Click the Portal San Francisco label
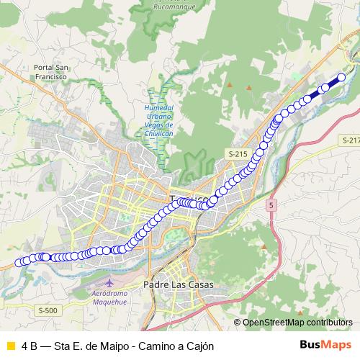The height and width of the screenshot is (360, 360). tap(50, 71)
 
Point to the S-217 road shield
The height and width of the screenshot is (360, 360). tap(351, 140)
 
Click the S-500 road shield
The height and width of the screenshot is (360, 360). tap(47, 310)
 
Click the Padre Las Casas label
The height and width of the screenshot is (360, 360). tap(179, 285)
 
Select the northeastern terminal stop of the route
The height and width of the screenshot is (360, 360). tap(341, 77)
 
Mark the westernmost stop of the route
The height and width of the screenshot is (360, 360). tap(20, 263)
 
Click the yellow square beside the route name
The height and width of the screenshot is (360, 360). tap(10, 346)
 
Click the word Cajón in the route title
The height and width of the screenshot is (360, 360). tap(200, 346)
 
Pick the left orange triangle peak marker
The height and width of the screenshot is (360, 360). tap(230, 86)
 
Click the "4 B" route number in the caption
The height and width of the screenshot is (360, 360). tap(30, 346)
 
